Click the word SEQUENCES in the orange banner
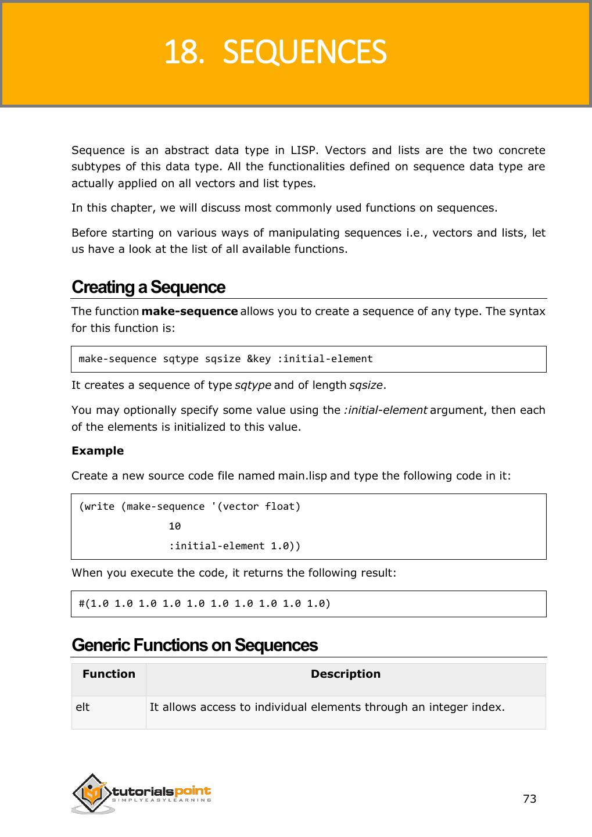304,52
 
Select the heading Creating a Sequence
148,287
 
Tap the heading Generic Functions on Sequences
195,645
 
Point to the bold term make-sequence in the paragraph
189,311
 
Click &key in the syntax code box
259,359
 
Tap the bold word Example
98,450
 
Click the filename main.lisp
302,475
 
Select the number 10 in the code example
174,526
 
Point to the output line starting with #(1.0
204,603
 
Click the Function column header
109,674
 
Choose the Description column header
346,674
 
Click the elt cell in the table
82,707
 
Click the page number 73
530,799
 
